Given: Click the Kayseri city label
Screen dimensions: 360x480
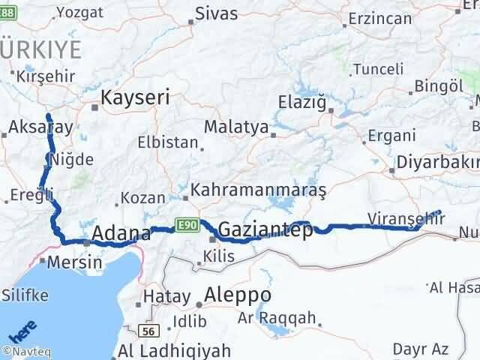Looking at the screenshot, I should tap(135, 97).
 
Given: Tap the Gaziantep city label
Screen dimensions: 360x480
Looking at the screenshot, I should tap(265, 231).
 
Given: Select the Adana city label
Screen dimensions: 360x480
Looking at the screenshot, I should tap(121, 234).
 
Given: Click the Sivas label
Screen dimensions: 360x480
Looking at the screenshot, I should tap(216, 13).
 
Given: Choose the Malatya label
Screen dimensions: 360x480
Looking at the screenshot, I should tap(236, 127).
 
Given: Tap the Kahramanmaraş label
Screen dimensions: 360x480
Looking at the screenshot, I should tap(259, 190).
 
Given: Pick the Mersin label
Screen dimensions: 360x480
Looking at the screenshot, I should tap(74, 263).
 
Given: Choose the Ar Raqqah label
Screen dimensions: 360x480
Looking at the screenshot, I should tap(287, 317).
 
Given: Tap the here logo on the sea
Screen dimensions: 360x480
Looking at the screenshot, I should tap(22, 331).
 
